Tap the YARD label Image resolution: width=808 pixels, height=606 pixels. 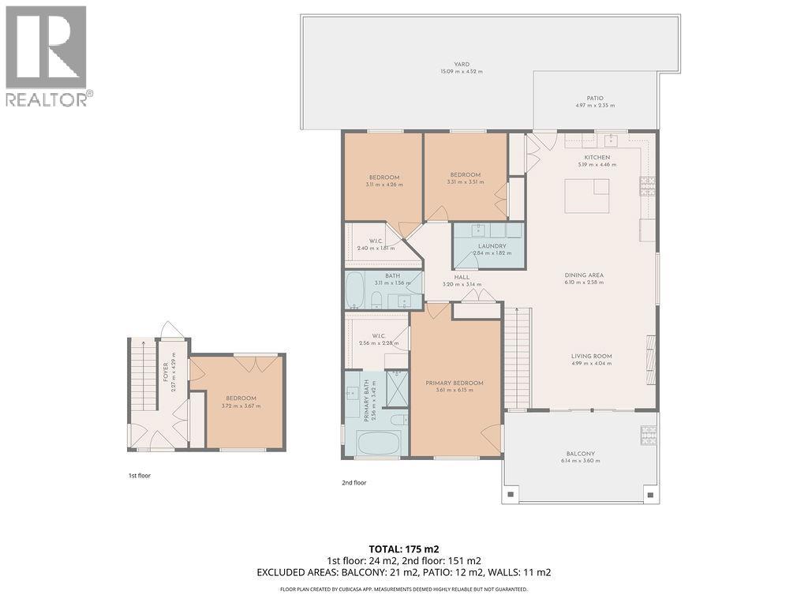462,64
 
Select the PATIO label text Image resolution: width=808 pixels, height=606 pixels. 595,98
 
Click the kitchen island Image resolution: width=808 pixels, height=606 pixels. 587,196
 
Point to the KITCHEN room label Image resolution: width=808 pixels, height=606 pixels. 597,157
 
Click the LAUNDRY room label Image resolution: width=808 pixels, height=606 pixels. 492,246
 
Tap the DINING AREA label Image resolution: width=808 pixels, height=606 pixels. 584,275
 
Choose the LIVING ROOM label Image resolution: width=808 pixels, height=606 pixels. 592,356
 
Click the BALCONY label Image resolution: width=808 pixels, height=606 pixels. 581,454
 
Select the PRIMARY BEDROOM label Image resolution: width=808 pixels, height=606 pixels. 454,383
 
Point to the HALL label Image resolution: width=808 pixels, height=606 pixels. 462,277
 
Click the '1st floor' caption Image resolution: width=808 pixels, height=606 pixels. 140,476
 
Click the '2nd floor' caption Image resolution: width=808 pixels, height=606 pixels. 354,482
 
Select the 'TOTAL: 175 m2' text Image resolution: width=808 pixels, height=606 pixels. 404,548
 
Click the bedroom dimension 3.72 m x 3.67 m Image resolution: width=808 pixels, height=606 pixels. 241,406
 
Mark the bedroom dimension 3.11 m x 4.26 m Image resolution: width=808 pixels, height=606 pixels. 384,185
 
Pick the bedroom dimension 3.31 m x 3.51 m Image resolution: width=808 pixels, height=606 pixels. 466,182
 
